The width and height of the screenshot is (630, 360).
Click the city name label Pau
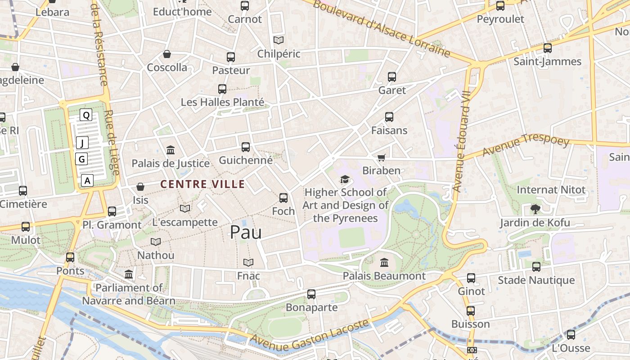pos(246,232)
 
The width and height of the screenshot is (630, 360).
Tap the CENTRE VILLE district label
pos(202,184)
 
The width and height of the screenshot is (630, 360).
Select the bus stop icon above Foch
pos(283,198)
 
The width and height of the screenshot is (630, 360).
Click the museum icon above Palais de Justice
pos(171,150)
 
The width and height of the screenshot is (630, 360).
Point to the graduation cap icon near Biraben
pos(345,180)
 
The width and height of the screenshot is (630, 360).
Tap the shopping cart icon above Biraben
pos(381,157)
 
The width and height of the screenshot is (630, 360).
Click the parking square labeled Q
pos(86,115)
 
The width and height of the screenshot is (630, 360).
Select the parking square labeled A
pos(87,181)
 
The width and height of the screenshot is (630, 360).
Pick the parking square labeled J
pos(82,143)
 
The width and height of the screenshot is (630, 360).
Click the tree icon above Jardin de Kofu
pos(535,208)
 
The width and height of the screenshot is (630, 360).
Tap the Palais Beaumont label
pos(384,276)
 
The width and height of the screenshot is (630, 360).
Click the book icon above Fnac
pos(248,262)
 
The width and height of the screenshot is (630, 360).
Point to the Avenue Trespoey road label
pos(526,145)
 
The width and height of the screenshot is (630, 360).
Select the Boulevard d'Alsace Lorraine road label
pos(382,29)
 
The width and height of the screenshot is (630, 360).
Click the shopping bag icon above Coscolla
pos(167,54)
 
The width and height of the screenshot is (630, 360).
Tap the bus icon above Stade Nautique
pos(536,266)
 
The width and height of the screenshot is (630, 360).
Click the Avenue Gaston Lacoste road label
pos(310,335)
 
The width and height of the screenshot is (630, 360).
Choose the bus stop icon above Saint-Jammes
pos(547,48)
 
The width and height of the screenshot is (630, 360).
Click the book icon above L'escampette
pos(184,208)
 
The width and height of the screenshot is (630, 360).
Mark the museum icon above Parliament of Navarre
pos(129,274)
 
